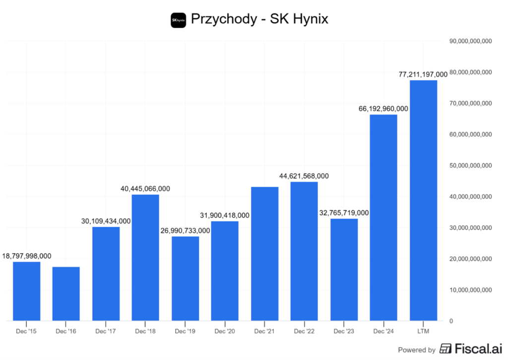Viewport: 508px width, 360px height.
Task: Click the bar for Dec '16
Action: [66, 294]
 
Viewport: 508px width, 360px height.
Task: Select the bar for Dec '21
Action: [264, 253]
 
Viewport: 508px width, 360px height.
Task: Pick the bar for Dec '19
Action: [185, 278]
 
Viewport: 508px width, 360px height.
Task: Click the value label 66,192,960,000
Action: [383, 109]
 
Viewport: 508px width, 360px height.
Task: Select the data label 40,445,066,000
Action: [145, 188]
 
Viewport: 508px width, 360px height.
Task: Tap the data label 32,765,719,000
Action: [344, 213]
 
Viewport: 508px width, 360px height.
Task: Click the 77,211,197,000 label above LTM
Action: [423, 74]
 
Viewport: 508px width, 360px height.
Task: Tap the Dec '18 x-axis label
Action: [145, 331]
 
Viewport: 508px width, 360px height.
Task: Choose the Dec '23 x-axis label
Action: [344, 331]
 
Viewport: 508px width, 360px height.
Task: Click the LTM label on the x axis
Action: [423, 331]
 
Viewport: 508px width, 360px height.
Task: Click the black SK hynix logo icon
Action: [178, 20]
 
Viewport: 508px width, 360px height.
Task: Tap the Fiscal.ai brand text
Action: [473, 349]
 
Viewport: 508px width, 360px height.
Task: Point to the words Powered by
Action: [417, 350]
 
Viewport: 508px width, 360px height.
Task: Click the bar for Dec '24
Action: [383, 218]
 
